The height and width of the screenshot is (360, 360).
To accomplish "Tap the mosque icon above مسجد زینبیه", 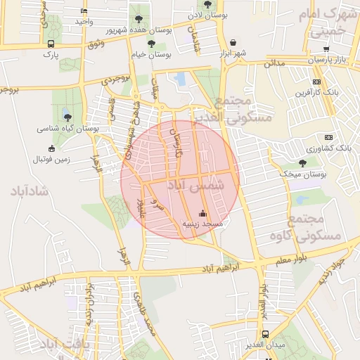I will coord(203,213).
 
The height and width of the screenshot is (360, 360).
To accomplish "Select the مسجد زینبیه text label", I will coord(202,224).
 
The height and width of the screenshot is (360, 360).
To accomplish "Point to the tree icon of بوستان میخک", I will coord(302,163).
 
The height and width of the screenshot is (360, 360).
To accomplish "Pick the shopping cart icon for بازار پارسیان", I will coord(326,49).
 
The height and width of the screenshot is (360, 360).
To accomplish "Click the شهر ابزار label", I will coord(233,53).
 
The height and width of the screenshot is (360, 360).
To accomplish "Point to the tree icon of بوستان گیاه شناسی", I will coord(67,117).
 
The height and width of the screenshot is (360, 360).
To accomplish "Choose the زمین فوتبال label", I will coord(51,160).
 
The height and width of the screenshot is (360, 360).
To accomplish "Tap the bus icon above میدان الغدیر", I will coord(265,335).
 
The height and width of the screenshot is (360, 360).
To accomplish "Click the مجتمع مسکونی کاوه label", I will coord(314,229).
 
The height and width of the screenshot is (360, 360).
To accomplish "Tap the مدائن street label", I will coord(275,64).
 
